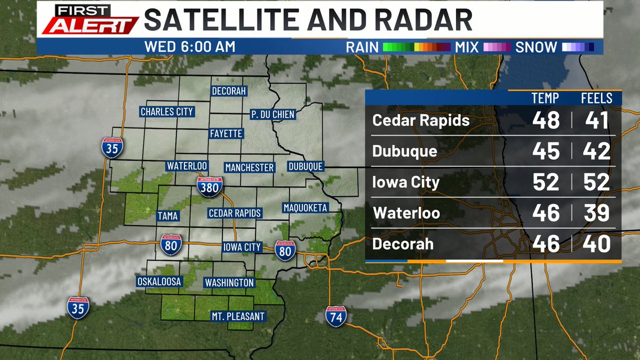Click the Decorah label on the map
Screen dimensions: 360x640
[229, 91]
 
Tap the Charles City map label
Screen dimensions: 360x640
[166, 112]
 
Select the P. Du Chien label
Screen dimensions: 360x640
[273, 114]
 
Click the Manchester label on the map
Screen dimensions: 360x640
[249, 167]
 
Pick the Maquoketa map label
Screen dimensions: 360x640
[305, 207]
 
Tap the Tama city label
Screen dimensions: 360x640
[167, 216]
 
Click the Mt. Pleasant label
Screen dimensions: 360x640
[237, 316]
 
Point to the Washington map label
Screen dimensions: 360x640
[229, 283]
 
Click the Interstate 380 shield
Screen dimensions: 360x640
[210, 186]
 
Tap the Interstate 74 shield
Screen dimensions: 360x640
[337, 316]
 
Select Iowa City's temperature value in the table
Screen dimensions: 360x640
[546, 182]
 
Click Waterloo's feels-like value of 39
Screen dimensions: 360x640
[596, 213]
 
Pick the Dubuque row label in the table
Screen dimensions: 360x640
[405, 151]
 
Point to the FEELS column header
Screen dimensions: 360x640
[596, 98]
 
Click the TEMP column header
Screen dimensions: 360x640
[546, 98]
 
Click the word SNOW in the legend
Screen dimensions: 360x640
[536, 47]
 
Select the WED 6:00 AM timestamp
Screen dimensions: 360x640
[189, 47]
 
